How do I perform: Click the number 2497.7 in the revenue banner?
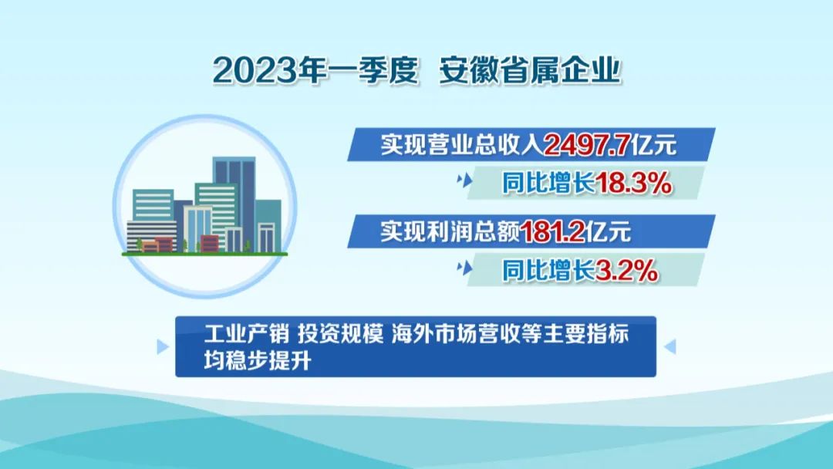click(588, 144)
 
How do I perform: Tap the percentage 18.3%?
click(633, 184)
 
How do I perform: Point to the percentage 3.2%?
click(626, 271)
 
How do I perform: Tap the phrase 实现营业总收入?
click(462, 144)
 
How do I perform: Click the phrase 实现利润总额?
click(450, 231)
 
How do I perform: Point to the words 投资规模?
click(341, 333)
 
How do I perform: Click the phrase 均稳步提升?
click(257, 361)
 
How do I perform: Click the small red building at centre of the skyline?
click(209, 243)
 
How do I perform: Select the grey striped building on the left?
click(151, 235)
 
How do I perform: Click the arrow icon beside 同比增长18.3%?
click(464, 181)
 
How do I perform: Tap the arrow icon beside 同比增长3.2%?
click(464, 268)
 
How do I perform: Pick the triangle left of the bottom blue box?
click(163, 347)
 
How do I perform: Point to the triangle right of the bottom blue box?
click(670, 347)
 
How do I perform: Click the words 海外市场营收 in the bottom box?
click(457, 333)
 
